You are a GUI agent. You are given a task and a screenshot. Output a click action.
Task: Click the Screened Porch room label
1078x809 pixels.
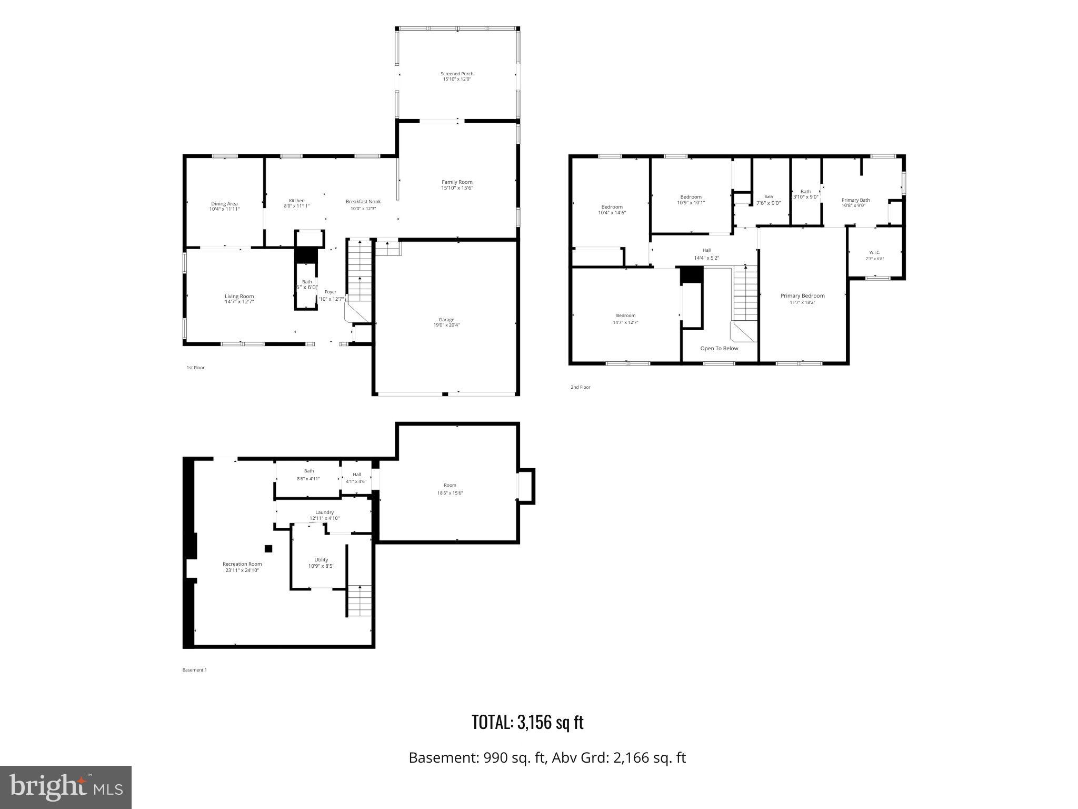point(457,74)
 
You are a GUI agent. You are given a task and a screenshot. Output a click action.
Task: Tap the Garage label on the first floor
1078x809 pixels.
point(446,320)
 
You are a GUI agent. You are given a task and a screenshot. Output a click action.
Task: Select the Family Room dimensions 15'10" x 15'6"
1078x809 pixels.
point(457,188)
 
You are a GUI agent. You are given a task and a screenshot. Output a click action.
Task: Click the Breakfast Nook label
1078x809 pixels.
point(363,202)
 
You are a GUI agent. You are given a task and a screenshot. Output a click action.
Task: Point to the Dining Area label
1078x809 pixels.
point(224,204)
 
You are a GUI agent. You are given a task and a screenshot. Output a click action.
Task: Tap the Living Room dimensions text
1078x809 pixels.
point(239,302)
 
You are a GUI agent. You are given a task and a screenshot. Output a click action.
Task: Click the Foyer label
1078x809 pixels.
point(330,292)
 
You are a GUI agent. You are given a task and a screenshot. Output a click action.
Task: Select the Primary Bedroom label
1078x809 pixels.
point(802,296)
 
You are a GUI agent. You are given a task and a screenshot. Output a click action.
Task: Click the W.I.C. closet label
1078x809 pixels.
point(874,252)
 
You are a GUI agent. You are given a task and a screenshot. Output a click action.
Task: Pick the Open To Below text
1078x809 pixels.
point(719,349)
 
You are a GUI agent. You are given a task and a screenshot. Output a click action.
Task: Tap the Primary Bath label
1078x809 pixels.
point(855,200)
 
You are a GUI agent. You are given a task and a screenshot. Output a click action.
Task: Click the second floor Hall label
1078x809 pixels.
point(706,250)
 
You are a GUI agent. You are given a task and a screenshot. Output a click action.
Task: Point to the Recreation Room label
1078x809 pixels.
point(242,564)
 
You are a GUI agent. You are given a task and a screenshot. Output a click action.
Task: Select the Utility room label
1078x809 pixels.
point(321,560)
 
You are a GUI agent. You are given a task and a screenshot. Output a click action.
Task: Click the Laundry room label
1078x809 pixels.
point(324,512)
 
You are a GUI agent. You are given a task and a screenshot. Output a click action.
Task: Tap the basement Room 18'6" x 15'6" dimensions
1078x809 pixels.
point(450,493)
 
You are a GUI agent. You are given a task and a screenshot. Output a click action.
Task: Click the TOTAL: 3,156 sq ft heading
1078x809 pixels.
point(527,722)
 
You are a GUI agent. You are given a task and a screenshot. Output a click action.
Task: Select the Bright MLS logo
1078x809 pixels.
point(66,787)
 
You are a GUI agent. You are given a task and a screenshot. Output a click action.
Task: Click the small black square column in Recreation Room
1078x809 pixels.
point(268,549)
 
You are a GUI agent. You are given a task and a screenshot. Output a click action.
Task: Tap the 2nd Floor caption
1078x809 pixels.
point(580,387)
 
